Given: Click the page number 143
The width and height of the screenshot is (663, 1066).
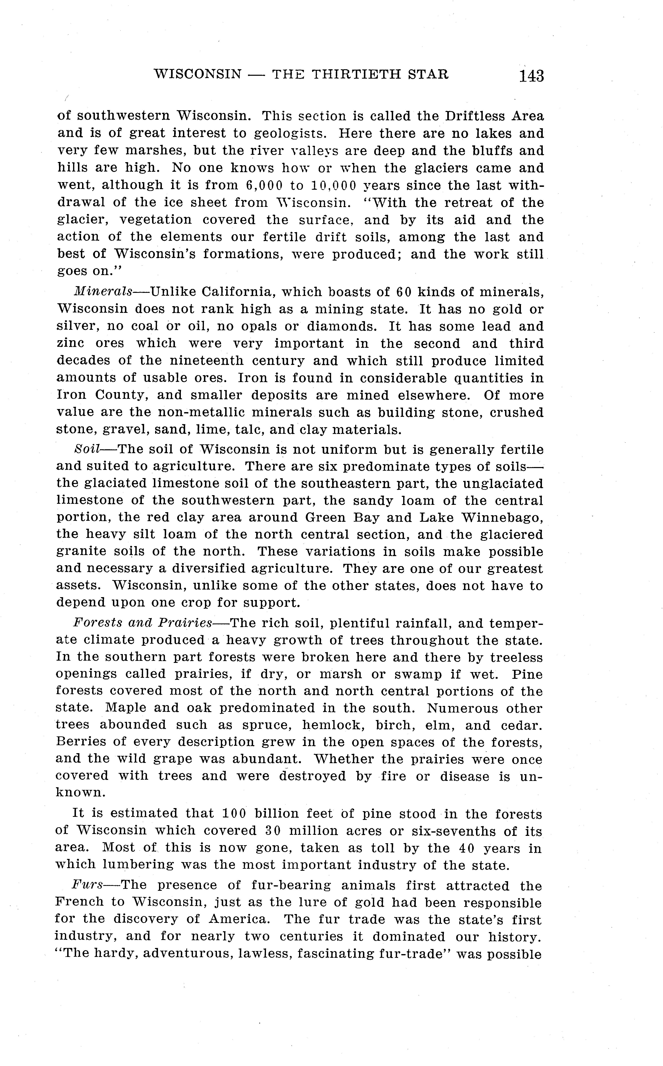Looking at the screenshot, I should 531,75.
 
